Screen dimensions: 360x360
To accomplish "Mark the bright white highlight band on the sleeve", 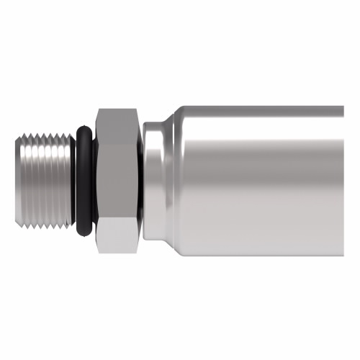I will [259, 137].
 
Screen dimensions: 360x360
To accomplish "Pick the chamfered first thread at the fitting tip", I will [21, 180].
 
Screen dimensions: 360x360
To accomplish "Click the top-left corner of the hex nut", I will [96, 109].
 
